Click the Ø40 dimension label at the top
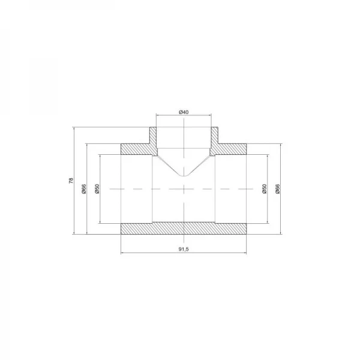[185, 112]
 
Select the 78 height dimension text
[70, 181]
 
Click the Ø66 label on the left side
[84, 188]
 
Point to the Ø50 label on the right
[264, 188]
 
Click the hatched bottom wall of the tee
[185, 229]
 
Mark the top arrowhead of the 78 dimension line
[74, 128]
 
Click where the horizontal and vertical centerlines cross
[185, 188]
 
